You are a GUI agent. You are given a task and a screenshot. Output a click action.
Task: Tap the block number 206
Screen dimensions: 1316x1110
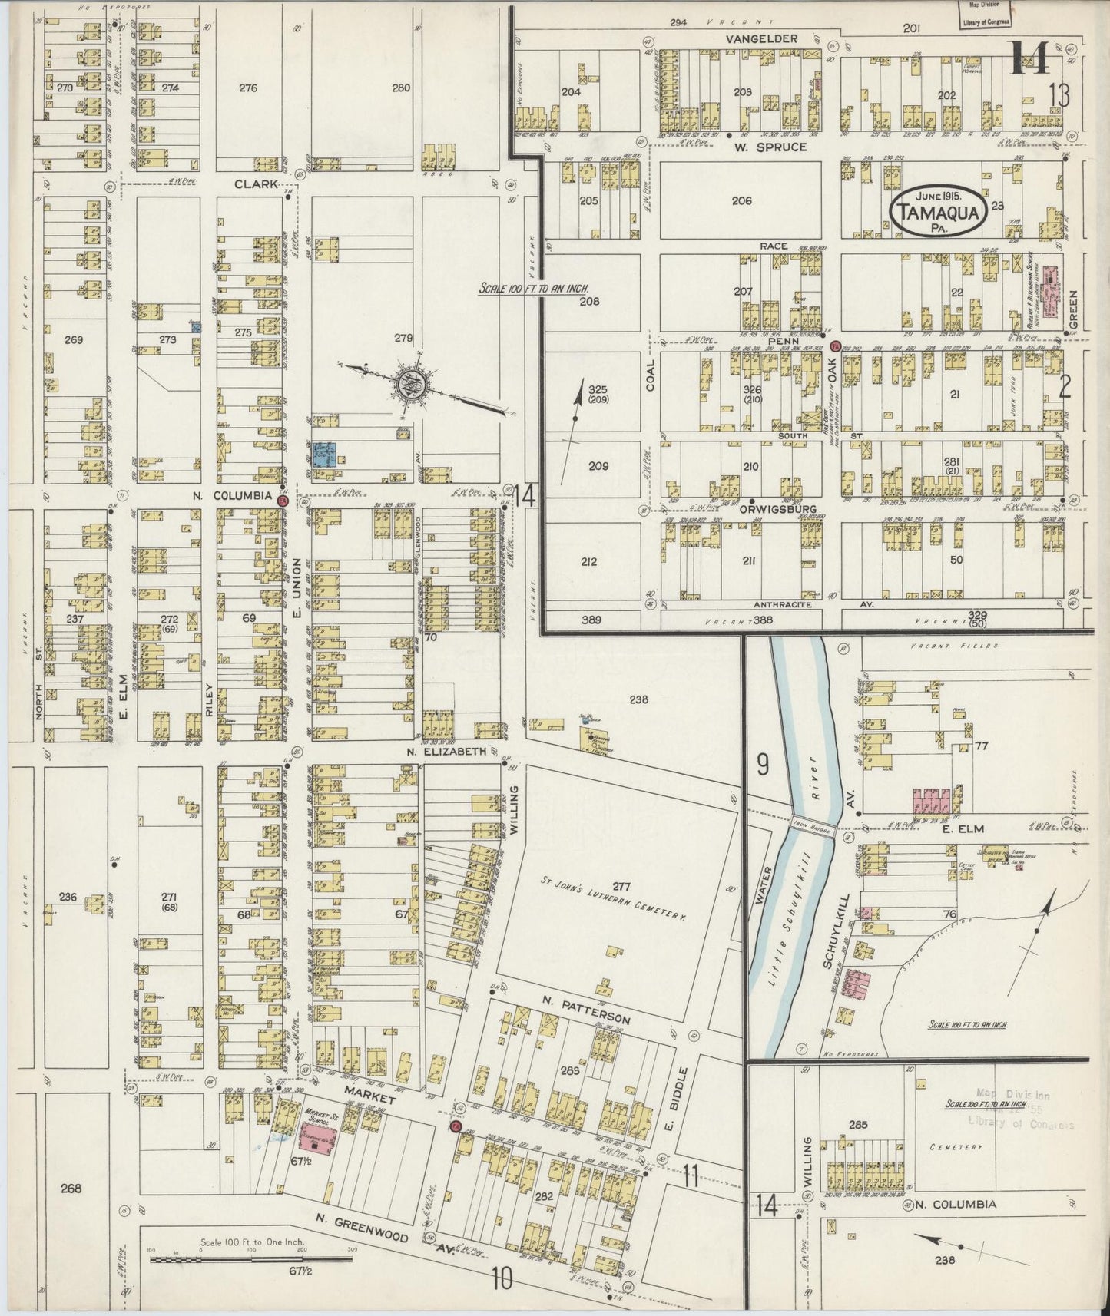(741, 200)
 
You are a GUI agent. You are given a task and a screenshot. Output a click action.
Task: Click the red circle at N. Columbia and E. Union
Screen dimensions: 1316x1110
(282, 501)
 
